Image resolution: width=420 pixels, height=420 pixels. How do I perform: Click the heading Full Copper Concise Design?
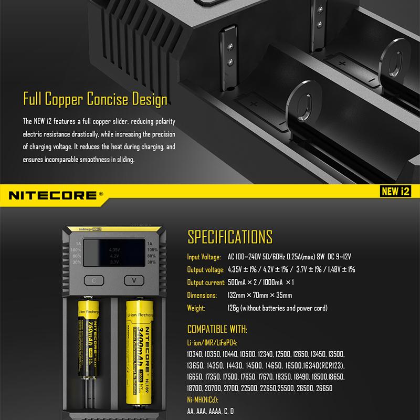click(x=95, y=100)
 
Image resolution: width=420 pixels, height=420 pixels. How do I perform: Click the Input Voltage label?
click(x=204, y=257)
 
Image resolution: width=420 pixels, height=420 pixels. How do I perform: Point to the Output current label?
click(x=206, y=282)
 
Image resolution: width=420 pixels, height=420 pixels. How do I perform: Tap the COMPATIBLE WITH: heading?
click(x=217, y=330)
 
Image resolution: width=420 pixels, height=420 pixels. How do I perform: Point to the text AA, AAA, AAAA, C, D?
click(x=211, y=411)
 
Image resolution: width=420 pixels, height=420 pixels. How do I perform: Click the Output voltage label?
click(x=205, y=270)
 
